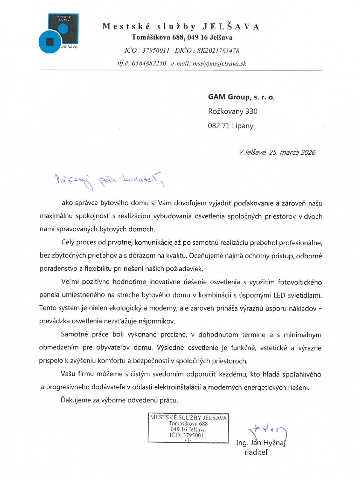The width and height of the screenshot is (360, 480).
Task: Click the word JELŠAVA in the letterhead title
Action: [231, 26]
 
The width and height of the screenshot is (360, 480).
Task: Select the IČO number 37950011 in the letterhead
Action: [156, 50]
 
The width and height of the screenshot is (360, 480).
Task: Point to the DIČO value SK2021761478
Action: [218, 50]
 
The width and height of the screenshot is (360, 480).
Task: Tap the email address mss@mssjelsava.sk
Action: [219, 63]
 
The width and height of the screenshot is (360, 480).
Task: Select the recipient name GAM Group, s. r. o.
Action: [242, 97]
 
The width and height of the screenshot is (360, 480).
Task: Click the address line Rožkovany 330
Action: [233, 111]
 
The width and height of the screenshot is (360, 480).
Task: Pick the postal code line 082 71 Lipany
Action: [231, 126]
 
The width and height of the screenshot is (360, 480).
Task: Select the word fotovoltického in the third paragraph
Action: [300, 282]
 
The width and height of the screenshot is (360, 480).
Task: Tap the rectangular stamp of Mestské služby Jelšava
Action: [188, 428]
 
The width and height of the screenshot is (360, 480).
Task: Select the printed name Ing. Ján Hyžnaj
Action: [261, 443]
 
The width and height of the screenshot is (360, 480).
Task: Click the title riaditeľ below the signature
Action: [256, 453]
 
